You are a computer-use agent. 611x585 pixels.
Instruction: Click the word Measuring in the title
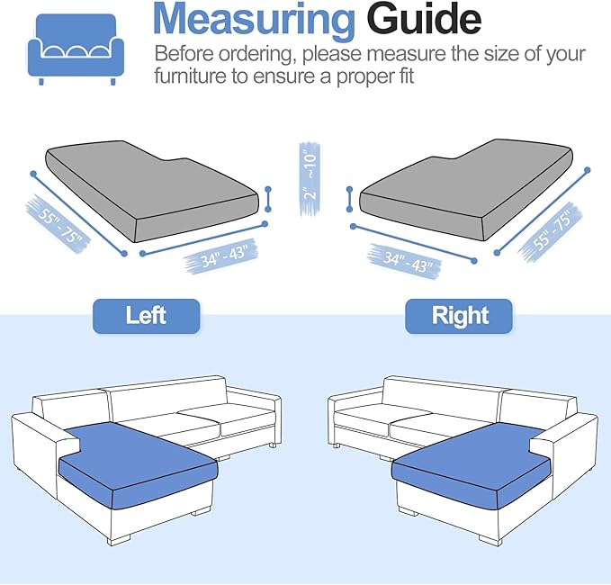click(x=254, y=20)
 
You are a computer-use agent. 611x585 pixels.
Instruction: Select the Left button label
click(x=146, y=316)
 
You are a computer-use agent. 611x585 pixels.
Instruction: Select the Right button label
click(x=459, y=316)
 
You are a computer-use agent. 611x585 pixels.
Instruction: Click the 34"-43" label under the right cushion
click(x=401, y=257)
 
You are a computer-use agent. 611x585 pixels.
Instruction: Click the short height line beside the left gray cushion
click(x=268, y=196)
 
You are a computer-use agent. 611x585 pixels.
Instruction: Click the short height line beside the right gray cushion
click(x=348, y=196)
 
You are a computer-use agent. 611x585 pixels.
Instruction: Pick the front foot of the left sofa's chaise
click(x=121, y=543)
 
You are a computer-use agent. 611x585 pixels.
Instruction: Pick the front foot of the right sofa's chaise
click(x=490, y=540)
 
